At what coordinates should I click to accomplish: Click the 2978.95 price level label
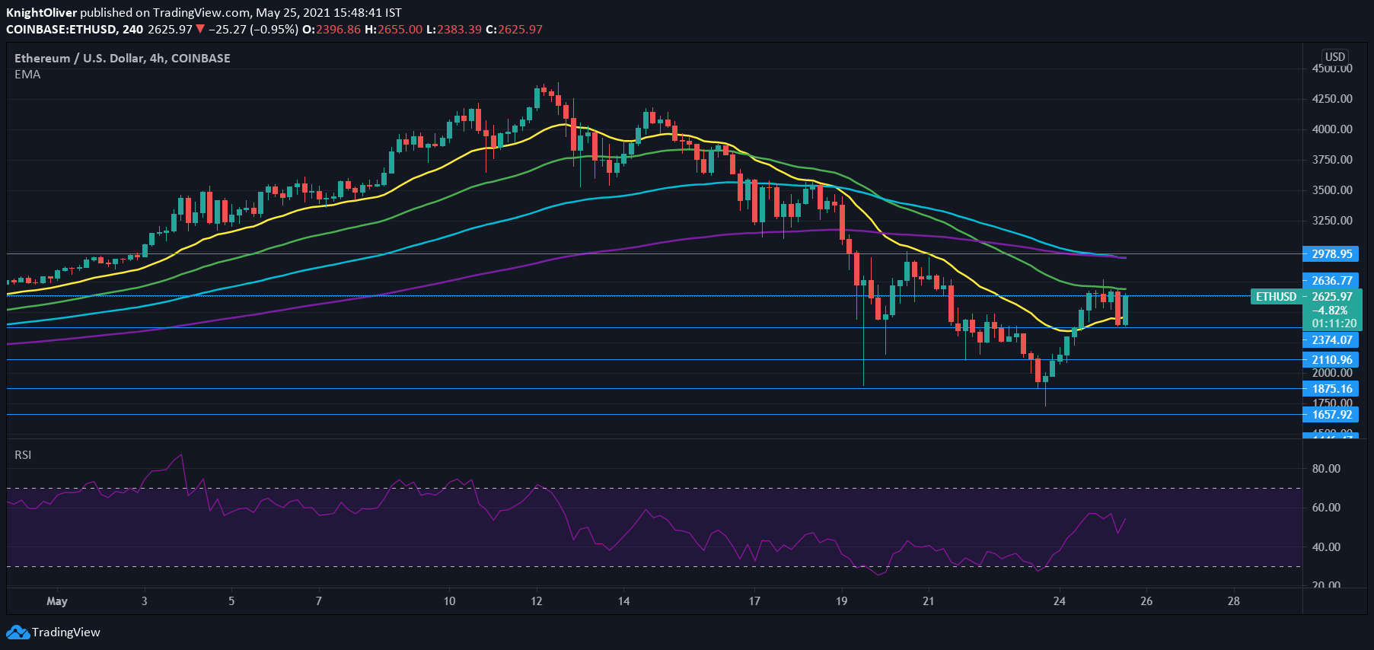point(1331,254)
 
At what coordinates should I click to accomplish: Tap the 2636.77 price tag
point(1331,281)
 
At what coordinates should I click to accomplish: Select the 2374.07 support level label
point(1331,340)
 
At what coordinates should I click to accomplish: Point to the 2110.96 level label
point(1331,360)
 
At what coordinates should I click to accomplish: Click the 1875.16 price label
point(1331,389)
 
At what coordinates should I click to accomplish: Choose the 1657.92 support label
point(1331,415)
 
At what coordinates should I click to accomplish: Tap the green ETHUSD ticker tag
point(1276,297)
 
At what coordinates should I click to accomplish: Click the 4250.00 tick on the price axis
point(1331,99)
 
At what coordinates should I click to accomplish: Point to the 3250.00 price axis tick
point(1331,221)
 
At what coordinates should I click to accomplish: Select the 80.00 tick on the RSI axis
point(1326,469)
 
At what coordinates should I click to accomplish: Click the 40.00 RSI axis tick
point(1326,547)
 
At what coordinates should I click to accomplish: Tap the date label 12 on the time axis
point(537,601)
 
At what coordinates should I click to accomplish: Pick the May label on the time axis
point(57,601)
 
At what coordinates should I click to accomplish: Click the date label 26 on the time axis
point(1146,601)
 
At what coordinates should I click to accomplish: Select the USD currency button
point(1334,57)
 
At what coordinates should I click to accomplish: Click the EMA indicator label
point(27,75)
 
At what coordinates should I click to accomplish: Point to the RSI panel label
point(23,455)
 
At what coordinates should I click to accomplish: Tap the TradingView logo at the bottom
point(53,632)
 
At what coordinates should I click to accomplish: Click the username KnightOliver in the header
point(41,13)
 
